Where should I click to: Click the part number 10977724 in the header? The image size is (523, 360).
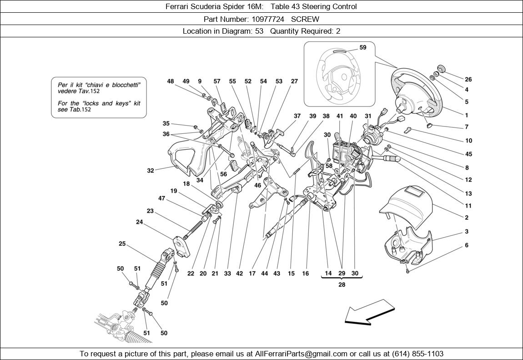point(268,19)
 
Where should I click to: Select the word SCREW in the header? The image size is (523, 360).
point(305,19)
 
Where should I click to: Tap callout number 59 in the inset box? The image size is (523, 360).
point(362,47)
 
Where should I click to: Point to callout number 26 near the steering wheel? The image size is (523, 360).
point(468,79)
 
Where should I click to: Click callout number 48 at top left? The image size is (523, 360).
point(171,81)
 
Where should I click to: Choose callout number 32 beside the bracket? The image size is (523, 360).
point(151,171)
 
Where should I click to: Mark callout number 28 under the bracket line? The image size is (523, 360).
point(342,284)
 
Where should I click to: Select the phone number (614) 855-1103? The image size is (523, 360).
point(419,354)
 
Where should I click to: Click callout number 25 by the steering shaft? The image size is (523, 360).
point(122,244)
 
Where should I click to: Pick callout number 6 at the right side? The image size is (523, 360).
point(467,245)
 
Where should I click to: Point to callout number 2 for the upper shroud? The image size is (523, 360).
point(467,218)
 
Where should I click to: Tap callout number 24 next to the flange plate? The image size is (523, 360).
point(140,222)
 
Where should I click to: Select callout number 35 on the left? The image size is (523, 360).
point(166,123)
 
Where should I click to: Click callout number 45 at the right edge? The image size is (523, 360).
point(468,154)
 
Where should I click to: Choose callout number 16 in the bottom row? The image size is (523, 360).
point(305,274)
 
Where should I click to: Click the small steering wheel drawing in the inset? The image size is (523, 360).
point(339,75)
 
